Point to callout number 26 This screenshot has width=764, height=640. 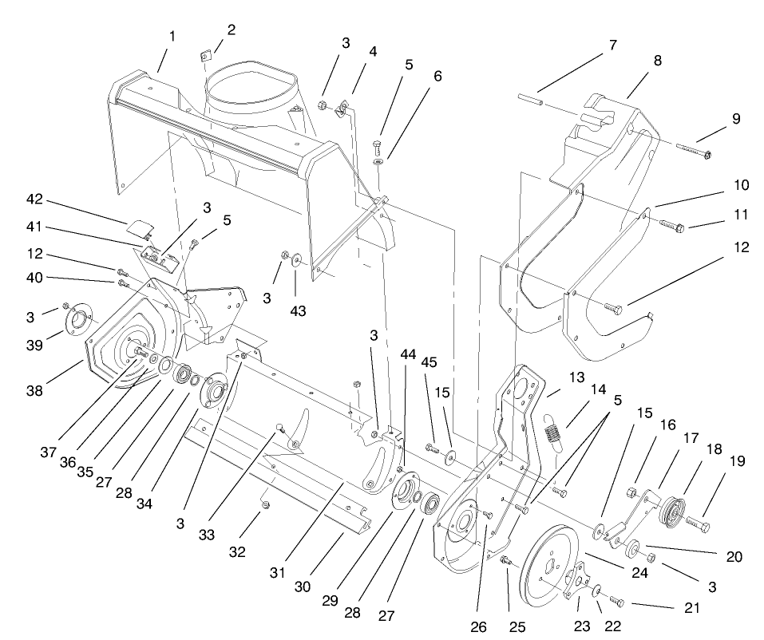click(x=478, y=627)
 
